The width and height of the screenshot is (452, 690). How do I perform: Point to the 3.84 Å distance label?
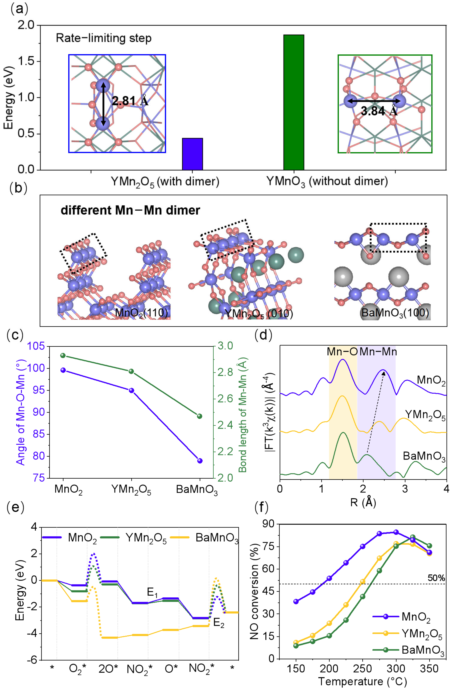tap(379, 111)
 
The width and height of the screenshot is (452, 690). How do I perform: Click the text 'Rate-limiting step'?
tap(104, 38)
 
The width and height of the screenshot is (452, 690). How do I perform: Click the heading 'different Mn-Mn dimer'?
tap(130, 210)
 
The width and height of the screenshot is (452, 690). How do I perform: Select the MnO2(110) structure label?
tap(142, 313)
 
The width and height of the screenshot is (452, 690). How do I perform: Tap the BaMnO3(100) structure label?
tap(395, 313)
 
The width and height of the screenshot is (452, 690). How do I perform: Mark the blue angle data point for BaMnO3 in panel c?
tap(199, 461)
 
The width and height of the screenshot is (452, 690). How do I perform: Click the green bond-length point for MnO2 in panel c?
tap(63, 355)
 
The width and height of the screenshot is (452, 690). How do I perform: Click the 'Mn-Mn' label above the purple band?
tap(378, 351)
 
